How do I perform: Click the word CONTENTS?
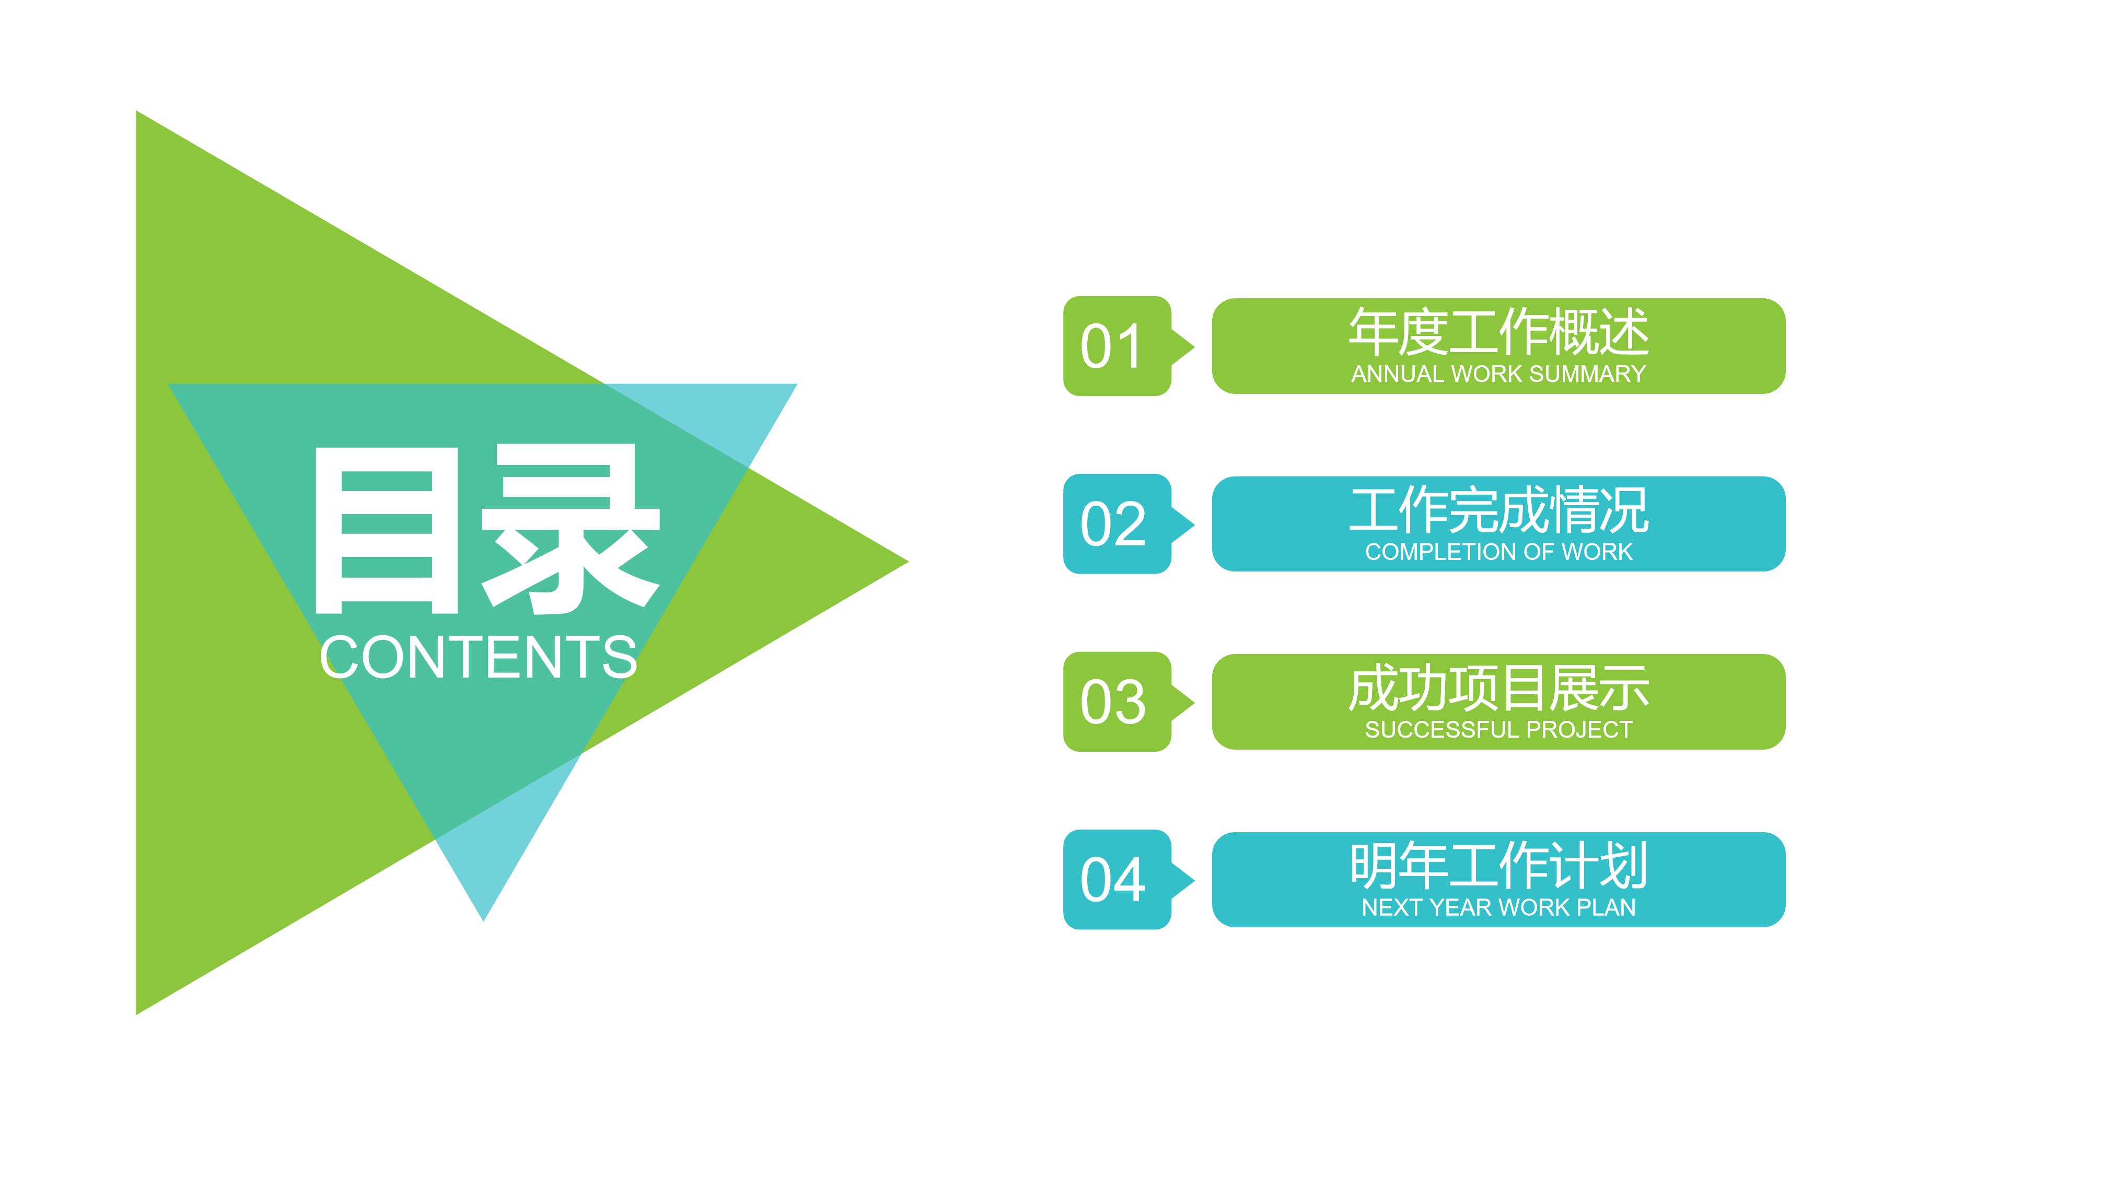point(478,657)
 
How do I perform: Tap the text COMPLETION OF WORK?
point(1498,552)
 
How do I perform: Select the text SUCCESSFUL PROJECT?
point(1498,729)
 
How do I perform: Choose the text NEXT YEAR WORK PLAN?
point(1498,907)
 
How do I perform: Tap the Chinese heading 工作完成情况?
point(1498,510)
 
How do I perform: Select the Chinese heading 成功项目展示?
point(1498,688)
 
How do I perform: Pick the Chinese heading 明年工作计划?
point(1498,866)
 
